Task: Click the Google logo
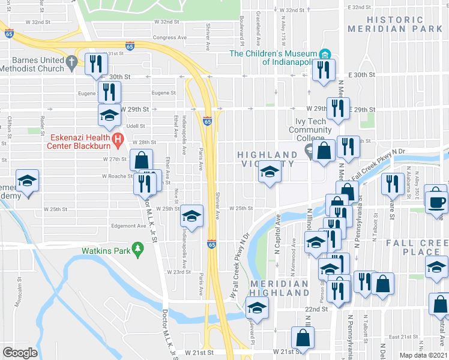(20, 353)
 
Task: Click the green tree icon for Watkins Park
(137, 248)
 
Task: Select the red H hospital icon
(118, 142)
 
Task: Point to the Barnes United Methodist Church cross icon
(71, 62)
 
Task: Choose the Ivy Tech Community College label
(309, 130)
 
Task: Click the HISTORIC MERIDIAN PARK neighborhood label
(404, 24)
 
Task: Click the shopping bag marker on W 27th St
(141, 160)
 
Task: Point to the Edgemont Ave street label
(129, 226)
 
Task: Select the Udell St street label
(136, 126)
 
